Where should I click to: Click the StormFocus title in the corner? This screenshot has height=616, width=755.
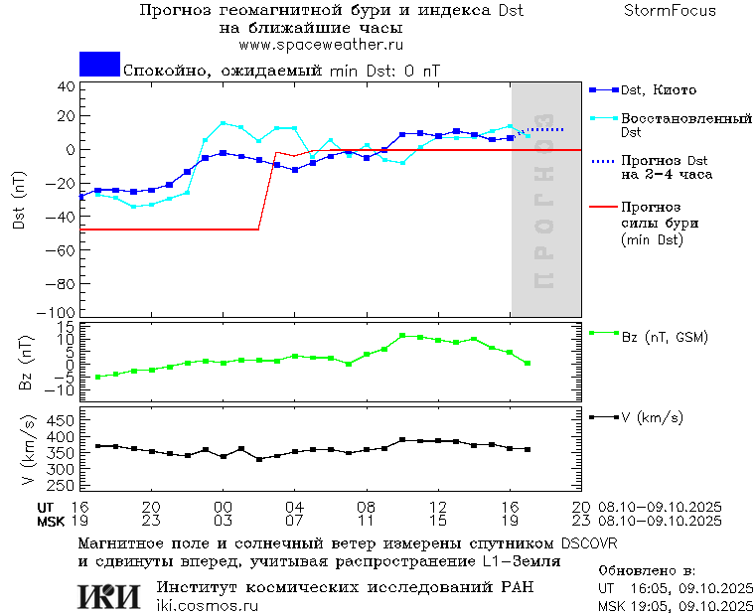(x=670, y=11)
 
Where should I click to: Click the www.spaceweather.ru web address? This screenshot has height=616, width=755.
(x=320, y=45)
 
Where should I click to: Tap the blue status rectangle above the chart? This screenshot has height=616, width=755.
(x=99, y=65)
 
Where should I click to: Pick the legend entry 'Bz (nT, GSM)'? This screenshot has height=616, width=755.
(x=664, y=337)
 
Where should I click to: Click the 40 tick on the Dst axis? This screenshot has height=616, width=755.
(x=67, y=86)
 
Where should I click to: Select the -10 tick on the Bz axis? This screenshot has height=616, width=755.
(x=62, y=389)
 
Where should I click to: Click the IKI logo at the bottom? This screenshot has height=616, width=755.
(x=109, y=596)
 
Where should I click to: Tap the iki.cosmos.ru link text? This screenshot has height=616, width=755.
(x=207, y=606)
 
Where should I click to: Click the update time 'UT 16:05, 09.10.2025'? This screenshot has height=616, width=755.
(x=674, y=588)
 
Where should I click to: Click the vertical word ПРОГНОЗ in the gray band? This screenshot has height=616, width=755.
(x=543, y=213)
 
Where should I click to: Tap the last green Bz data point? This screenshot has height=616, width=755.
(x=528, y=364)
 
